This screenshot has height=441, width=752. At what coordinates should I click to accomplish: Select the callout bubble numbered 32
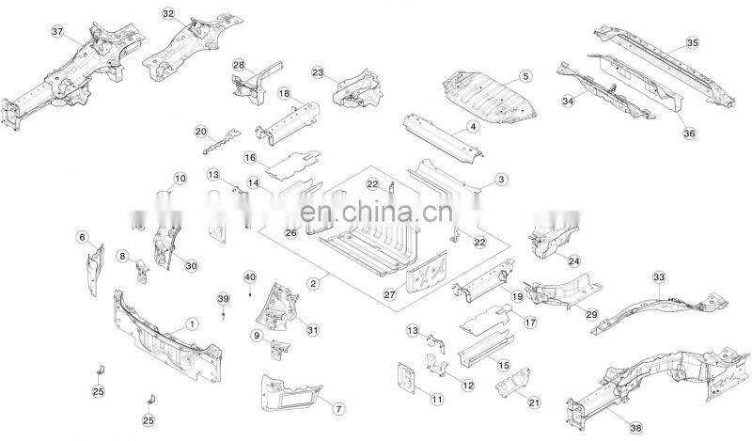tap(168, 14)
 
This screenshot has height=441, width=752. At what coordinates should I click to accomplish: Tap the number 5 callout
tap(525, 75)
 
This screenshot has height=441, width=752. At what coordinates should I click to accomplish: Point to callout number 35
tap(692, 43)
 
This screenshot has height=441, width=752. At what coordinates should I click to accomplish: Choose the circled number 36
tap(689, 134)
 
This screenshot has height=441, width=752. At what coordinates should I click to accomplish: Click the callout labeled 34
tap(568, 100)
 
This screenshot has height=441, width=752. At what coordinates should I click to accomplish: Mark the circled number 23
tap(318, 72)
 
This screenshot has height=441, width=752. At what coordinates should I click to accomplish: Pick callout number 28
tap(239, 65)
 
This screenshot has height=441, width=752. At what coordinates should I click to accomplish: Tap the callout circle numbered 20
tap(200, 132)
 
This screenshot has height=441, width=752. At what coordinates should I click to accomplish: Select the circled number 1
tap(193, 323)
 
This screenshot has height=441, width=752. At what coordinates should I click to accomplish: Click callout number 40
tap(249, 276)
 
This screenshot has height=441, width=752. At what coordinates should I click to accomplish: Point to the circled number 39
tap(223, 298)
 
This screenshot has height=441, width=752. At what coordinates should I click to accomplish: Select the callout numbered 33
tap(658, 276)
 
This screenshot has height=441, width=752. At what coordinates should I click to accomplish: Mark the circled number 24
tap(573, 260)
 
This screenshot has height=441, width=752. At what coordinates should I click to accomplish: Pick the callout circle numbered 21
tap(534, 402)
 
